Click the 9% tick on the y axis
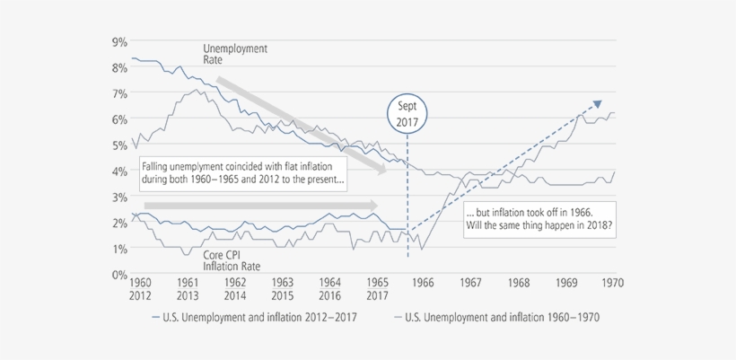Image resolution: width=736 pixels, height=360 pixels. [x=118, y=41]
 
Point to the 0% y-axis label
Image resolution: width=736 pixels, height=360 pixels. [x=118, y=275]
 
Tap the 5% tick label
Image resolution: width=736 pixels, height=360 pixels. [x=118, y=145]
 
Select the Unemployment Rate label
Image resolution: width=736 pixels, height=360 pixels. [x=235, y=54]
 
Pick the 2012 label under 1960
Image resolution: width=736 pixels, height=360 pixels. [x=142, y=295]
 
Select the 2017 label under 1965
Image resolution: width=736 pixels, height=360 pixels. [x=376, y=295]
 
